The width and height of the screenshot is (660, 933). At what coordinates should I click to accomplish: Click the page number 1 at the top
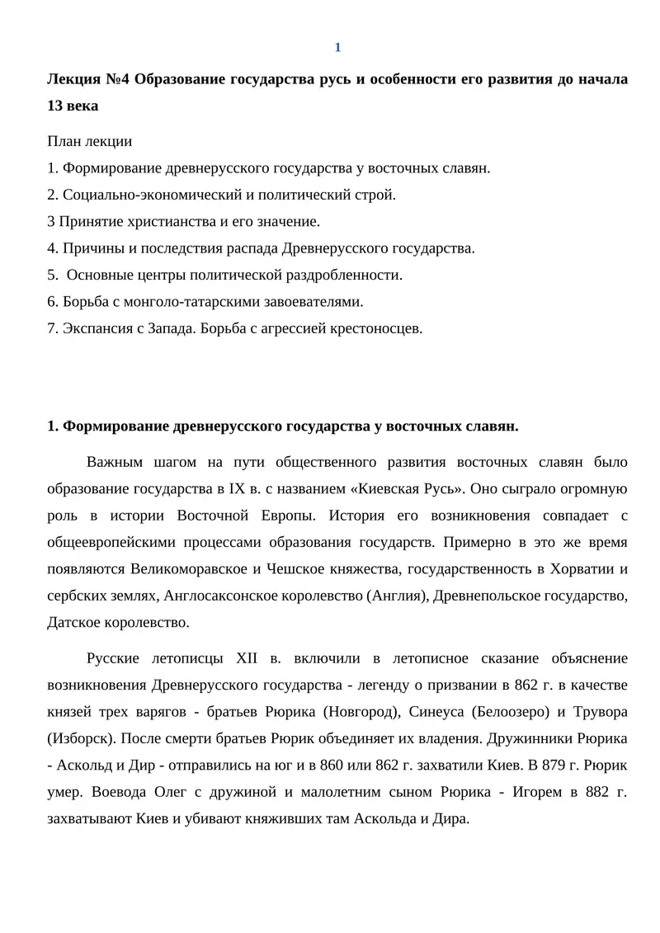tap(337, 47)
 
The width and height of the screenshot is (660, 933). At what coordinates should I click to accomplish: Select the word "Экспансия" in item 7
tap(92, 327)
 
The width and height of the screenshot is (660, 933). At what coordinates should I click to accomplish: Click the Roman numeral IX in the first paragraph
tap(242, 488)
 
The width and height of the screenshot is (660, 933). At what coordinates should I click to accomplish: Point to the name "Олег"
tap(172, 793)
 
